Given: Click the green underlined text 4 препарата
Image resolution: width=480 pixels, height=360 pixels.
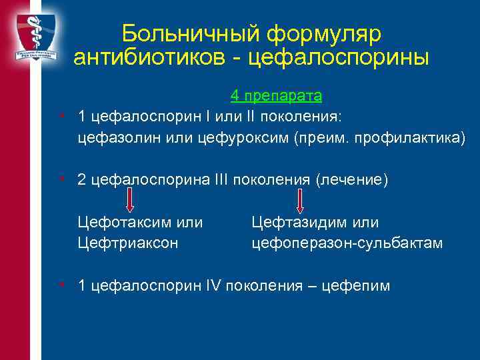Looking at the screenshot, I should coord(277,96).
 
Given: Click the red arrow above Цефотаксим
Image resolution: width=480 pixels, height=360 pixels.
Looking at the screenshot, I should coord(130,200).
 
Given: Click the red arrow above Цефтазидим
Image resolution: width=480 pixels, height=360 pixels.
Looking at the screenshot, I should coord(300,200).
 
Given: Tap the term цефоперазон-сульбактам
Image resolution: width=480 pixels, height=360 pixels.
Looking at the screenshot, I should coord(347,243).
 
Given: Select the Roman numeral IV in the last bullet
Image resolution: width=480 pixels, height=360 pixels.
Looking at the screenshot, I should coord(215,286).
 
